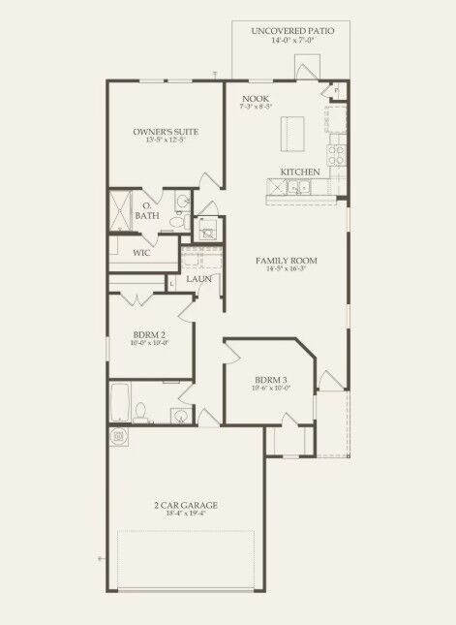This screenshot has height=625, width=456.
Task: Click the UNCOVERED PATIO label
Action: click(291, 31)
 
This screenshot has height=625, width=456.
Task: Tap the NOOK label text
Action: click(256, 99)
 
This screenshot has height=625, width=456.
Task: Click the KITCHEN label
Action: click(300, 172)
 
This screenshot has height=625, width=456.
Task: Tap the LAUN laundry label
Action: click(199, 279)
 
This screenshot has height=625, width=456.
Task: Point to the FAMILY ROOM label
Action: click(287, 261)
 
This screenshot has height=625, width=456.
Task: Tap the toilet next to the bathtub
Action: click(141, 415)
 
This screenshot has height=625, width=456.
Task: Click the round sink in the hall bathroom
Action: click(180, 417)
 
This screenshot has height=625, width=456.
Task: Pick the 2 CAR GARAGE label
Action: click(185, 505)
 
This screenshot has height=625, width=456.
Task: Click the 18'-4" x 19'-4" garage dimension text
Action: click(185, 515)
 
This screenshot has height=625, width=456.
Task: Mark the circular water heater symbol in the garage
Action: click(119, 438)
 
